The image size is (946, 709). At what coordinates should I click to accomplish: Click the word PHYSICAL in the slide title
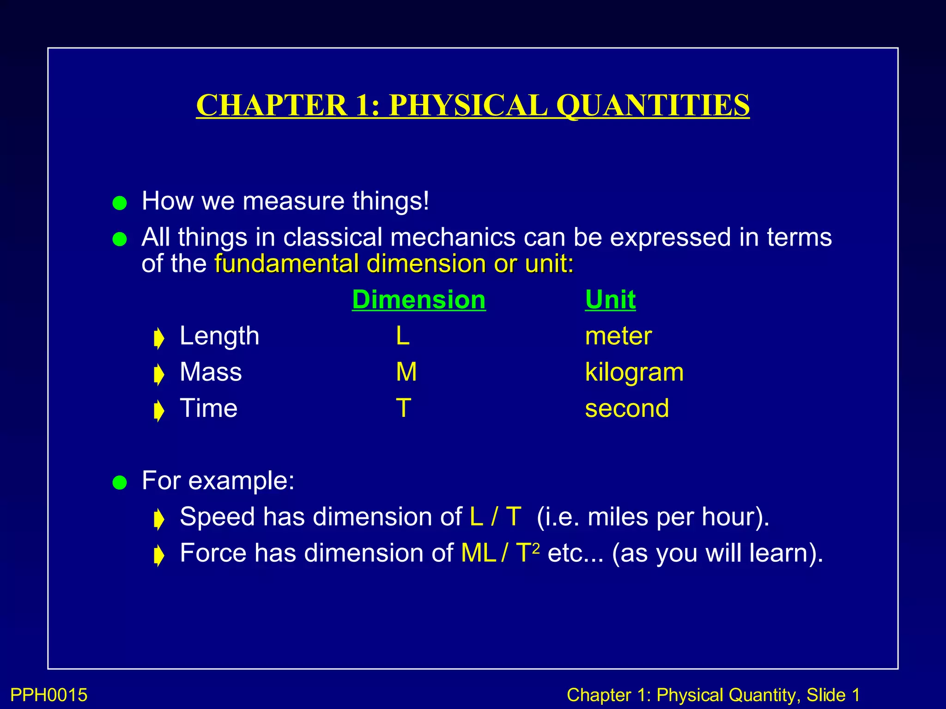point(468,105)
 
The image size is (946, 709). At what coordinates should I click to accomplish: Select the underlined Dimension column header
point(418,300)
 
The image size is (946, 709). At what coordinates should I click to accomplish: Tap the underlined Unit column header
point(610,300)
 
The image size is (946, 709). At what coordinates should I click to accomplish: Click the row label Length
point(219,336)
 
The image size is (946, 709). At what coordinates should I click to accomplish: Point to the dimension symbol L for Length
point(402,336)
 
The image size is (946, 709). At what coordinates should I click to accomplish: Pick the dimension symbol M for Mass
point(406,372)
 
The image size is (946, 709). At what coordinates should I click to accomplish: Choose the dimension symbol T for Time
point(403,408)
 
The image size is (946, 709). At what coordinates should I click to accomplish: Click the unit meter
point(618,336)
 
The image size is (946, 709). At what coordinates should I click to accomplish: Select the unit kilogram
point(634,373)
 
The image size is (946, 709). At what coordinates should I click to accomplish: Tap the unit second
point(627,409)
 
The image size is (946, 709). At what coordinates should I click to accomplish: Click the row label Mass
point(211,372)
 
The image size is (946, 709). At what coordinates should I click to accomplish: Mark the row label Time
point(209,408)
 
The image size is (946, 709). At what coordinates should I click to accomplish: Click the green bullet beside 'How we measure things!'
point(120,203)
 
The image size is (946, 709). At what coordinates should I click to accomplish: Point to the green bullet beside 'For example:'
point(120,483)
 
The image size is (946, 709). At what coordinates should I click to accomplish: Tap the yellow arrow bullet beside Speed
point(159,519)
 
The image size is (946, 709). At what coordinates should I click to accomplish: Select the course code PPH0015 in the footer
point(49,695)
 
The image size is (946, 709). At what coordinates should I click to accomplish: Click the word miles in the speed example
point(619,517)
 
